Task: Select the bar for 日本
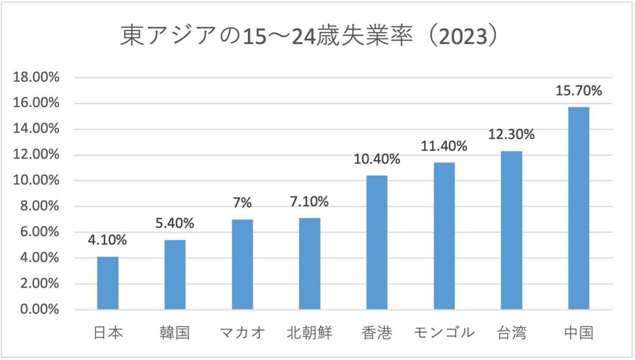pyautogui.click(x=108, y=283)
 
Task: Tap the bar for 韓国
pyautogui.click(x=175, y=275)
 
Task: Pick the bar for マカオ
pyautogui.click(x=242, y=264)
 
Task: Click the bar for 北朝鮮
pyautogui.click(x=310, y=264)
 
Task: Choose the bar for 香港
pyautogui.click(x=377, y=242)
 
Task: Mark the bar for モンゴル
pyautogui.click(x=444, y=236)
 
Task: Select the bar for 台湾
pyautogui.click(x=511, y=230)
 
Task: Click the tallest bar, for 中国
pyautogui.click(x=578, y=208)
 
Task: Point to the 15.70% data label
pyautogui.click(x=578, y=92)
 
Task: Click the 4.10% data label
pyautogui.click(x=108, y=240)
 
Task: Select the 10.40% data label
pyautogui.click(x=377, y=160)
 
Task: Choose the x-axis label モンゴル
pyautogui.click(x=444, y=333)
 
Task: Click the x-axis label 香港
pyautogui.click(x=377, y=333)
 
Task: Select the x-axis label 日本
pyautogui.click(x=108, y=333)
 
